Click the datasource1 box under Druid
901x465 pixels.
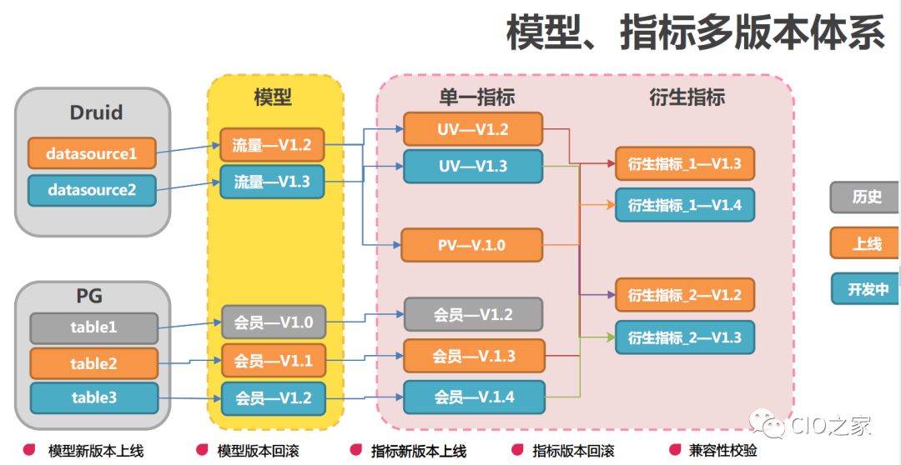point(92,153)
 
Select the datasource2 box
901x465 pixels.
point(92,190)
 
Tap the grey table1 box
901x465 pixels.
point(93,327)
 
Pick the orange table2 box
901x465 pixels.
point(93,363)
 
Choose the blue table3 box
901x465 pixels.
point(93,398)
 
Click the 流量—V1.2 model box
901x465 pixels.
point(271,145)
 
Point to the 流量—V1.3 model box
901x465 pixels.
point(271,182)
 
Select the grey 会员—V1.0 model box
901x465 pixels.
point(273,322)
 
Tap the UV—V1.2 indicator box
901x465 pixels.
point(472,129)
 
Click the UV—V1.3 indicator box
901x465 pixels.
point(472,166)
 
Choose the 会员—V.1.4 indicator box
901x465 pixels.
point(473,397)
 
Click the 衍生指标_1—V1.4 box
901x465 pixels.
point(684,204)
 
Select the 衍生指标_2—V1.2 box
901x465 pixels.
point(684,295)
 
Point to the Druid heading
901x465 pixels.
point(95,112)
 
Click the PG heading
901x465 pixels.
point(93,296)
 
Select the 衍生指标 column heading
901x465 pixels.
point(687,97)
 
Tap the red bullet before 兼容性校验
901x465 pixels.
point(673,450)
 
